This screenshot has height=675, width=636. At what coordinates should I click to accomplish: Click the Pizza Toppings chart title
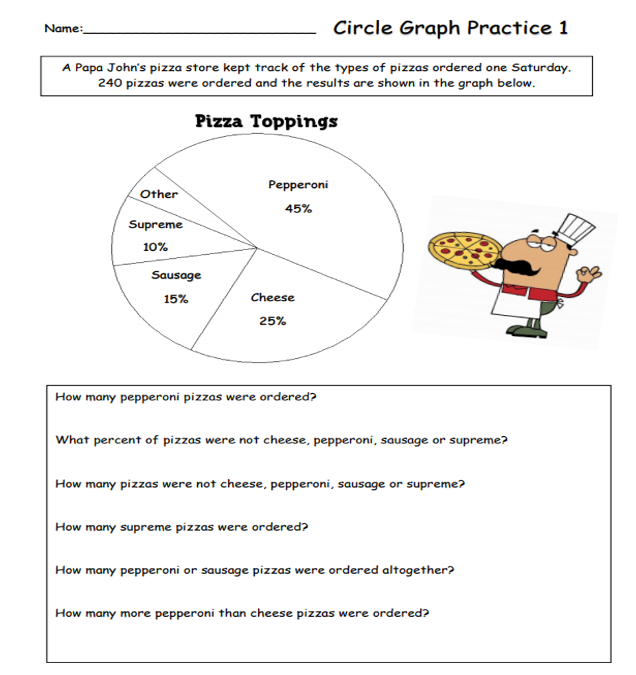[x=266, y=122]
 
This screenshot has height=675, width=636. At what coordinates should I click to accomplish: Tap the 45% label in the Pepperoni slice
[x=298, y=209]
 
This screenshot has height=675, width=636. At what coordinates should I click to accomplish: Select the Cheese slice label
[x=273, y=298]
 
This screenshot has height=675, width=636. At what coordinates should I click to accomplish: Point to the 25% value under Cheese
[x=272, y=322]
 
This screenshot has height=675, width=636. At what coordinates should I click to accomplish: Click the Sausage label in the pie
[x=176, y=275]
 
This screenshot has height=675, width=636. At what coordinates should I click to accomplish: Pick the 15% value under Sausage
[x=176, y=299]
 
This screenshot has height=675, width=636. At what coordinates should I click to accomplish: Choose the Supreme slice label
[x=156, y=224]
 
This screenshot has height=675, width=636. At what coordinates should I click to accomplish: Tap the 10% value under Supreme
[x=155, y=247]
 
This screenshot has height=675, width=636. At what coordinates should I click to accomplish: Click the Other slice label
[x=159, y=195]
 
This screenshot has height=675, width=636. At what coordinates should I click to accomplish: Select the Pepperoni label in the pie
[x=298, y=185]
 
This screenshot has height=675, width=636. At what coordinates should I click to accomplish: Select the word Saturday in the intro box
[x=541, y=67]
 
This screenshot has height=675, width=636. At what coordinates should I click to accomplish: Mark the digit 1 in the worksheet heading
[x=563, y=28]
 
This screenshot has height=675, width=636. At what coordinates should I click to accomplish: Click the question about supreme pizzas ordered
[x=182, y=527]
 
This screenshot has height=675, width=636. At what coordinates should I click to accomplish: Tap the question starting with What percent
[x=281, y=440]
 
